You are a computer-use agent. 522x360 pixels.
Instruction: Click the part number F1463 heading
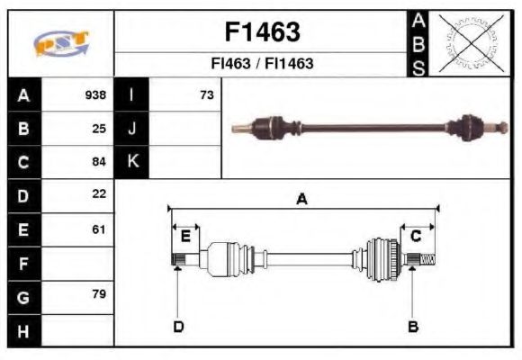[261, 32]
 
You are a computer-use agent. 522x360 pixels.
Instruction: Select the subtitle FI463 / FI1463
[261, 65]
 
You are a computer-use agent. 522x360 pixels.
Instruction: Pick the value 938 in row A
[95, 95]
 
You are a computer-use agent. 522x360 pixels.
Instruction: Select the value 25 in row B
[99, 129]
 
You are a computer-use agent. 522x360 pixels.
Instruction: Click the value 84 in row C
[99, 162]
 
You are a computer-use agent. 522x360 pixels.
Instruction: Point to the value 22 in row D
[99, 194]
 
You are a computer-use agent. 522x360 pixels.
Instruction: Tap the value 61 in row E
[99, 229]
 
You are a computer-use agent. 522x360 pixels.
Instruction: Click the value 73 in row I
[206, 95]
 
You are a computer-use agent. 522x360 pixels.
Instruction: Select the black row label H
[23, 331]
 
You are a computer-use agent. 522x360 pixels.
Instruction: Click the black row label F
[23, 264]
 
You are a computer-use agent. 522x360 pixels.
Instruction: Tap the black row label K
[132, 162]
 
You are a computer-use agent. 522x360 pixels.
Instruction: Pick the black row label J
[132, 129]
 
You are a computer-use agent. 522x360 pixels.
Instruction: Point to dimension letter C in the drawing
[416, 236]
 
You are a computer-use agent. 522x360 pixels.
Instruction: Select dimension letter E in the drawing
[185, 237]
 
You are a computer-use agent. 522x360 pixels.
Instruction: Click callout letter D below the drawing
[178, 326]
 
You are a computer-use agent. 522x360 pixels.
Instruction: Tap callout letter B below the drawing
[413, 326]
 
